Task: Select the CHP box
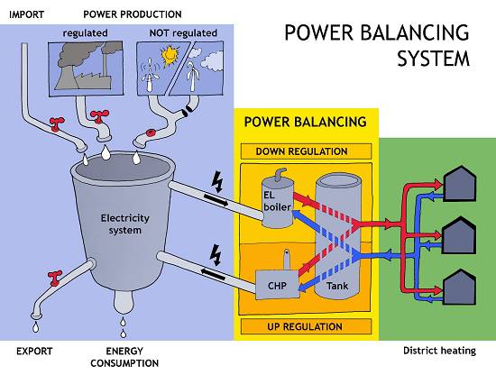(277, 285)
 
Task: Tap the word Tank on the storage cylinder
(337, 286)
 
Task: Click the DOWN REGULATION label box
(306, 151)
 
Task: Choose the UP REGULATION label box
(306, 326)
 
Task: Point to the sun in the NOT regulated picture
(170, 55)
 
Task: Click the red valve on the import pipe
(57, 123)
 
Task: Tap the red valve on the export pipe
(54, 278)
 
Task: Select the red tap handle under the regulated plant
(99, 115)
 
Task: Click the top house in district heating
(460, 184)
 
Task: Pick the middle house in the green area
(459, 235)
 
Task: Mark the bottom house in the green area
(459, 287)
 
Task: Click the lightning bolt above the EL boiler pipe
(218, 182)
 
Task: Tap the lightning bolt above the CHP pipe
(216, 255)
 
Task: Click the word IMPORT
(26, 14)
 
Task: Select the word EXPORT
(34, 351)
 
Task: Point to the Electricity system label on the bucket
(125, 224)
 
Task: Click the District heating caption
(439, 351)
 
